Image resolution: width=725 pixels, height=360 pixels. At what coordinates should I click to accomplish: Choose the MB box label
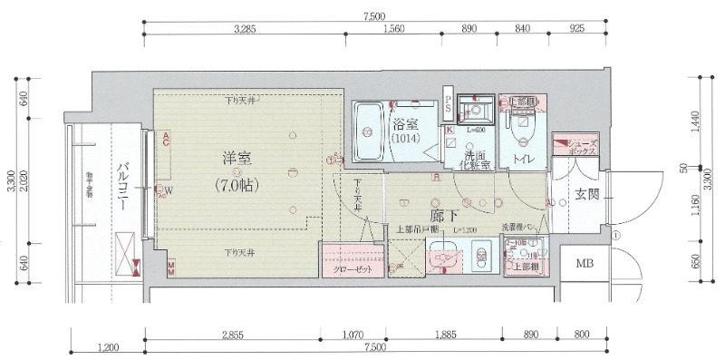click(x=584, y=264)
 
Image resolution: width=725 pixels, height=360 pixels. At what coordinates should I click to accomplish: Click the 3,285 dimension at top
click(x=246, y=29)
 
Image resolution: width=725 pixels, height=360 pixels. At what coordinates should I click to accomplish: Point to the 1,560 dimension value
click(x=392, y=29)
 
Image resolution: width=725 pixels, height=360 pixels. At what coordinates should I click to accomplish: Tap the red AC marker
click(x=167, y=139)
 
